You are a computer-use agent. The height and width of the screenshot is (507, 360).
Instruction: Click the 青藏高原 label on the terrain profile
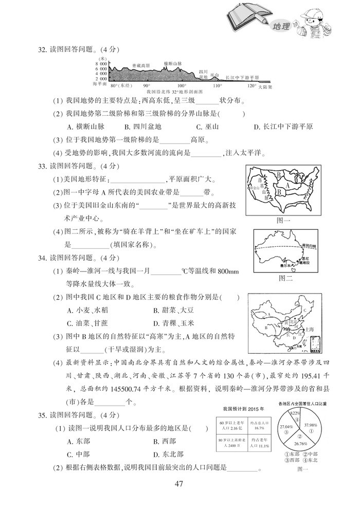[141, 66]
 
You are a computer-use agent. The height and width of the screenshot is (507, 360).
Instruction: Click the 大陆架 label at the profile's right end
[265, 87]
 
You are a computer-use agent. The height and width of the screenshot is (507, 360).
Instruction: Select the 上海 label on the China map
[310, 328]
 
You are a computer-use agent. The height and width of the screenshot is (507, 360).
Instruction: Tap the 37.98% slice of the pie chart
[310, 425]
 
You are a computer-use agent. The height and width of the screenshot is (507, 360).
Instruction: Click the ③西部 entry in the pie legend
[286, 461]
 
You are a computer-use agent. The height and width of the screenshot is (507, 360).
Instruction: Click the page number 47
[179, 483]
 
